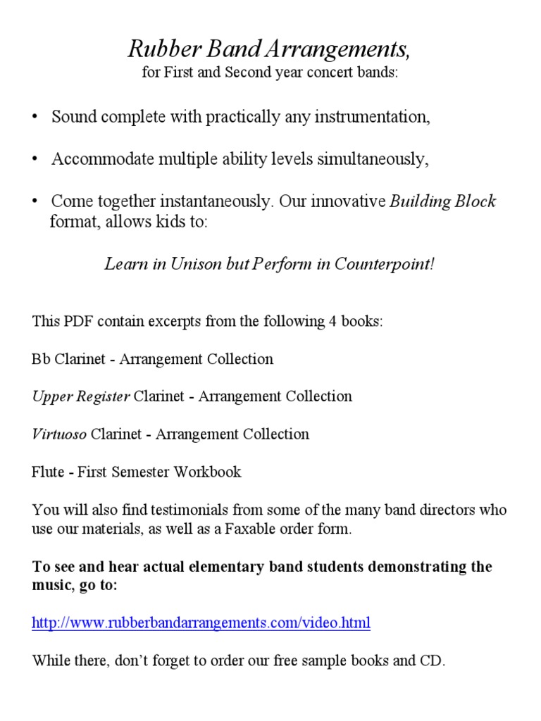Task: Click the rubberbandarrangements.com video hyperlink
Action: click(201, 623)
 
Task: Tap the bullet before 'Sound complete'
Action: click(34, 118)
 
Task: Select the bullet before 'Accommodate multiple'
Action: click(34, 160)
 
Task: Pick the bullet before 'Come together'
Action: click(34, 202)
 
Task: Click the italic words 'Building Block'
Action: click(443, 201)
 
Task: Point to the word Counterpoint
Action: click(385, 264)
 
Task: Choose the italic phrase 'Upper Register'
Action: click(81, 396)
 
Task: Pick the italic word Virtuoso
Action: click(59, 434)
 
